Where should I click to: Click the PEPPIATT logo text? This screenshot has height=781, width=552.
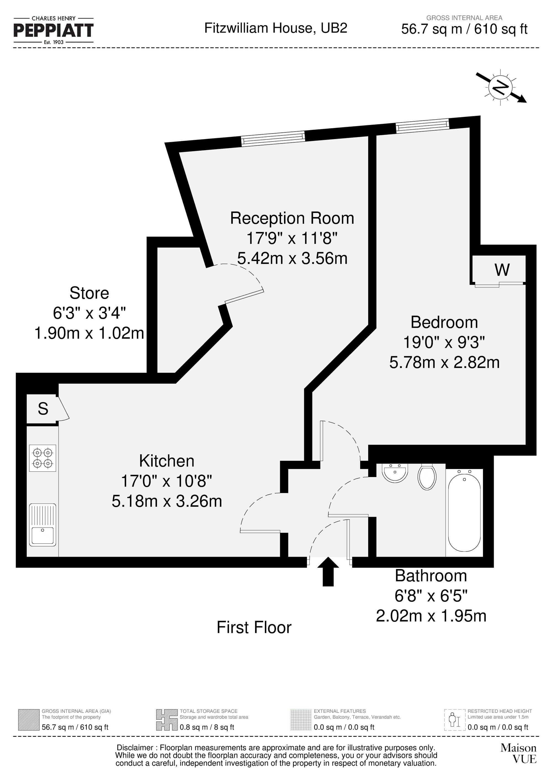(54, 30)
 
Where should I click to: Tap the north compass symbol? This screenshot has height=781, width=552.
(501, 87)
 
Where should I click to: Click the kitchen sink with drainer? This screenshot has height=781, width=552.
(43, 525)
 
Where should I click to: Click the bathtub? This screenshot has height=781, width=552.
(465, 513)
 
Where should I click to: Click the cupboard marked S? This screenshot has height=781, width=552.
(43, 409)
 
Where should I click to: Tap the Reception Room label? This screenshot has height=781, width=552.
(292, 218)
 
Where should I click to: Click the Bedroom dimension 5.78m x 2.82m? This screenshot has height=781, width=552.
(444, 362)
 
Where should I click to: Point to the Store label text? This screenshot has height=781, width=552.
(89, 293)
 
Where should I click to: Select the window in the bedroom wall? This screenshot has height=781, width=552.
(422, 125)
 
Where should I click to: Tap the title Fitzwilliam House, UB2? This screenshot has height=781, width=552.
(275, 28)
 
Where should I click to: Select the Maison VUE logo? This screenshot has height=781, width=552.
(518, 753)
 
